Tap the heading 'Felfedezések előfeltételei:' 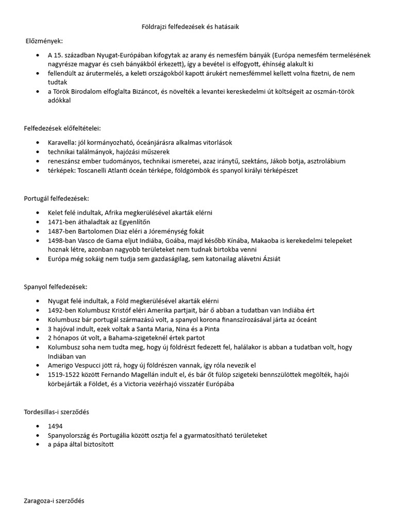62,127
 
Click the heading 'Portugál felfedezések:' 56,199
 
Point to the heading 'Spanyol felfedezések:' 56,286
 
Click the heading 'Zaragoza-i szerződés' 54,500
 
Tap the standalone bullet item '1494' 55,426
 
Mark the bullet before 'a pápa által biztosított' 38,445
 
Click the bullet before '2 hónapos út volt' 38,338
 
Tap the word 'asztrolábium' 325,161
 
